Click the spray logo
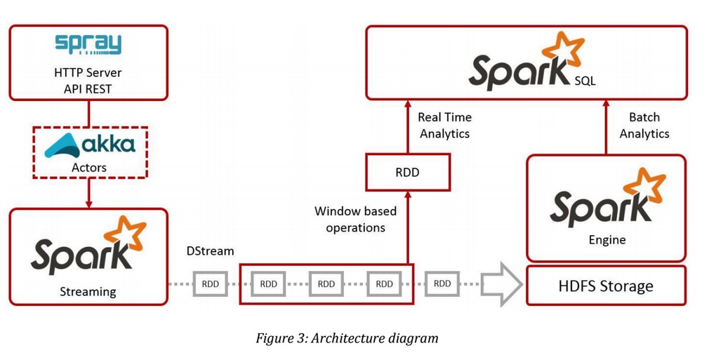pyautogui.click(x=88, y=44)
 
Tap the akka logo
pyautogui.click(x=89, y=145)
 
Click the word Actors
pyautogui.click(x=88, y=167)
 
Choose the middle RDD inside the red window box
pyautogui.click(x=326, y=284)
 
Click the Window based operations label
pyautogui.click(x=355, y=219)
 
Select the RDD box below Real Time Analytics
pyautogui.click(x=407, y=172)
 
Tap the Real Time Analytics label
pyautogui.click(x=444, y=125)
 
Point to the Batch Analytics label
pyautogui.click(x=644, y=125)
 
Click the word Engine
pyautogui.click(x=607, y=240)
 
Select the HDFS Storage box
pyautogui.click(x=606, y=286)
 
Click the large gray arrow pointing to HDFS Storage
pyautogui.click(x=503, y=284)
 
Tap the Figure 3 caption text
pyautogui.click(x=346, y=338)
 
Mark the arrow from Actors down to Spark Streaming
pyautogui.click(x=88, y=193)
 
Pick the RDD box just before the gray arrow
pyautogui.click(x=442, y=284)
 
